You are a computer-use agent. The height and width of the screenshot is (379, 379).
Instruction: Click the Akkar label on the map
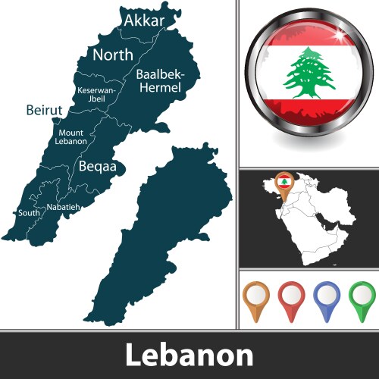[144, 20]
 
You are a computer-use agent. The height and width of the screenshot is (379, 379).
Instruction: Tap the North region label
[112, 55]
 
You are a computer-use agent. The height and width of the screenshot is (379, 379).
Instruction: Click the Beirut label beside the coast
[44, 111]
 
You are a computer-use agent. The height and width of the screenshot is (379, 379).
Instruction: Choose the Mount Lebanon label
[72, 136]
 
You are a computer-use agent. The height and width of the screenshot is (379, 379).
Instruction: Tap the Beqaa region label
[101, 166]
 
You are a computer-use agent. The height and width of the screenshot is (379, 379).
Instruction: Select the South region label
[29, 213]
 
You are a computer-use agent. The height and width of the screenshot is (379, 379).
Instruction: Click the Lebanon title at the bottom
[189, 355]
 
